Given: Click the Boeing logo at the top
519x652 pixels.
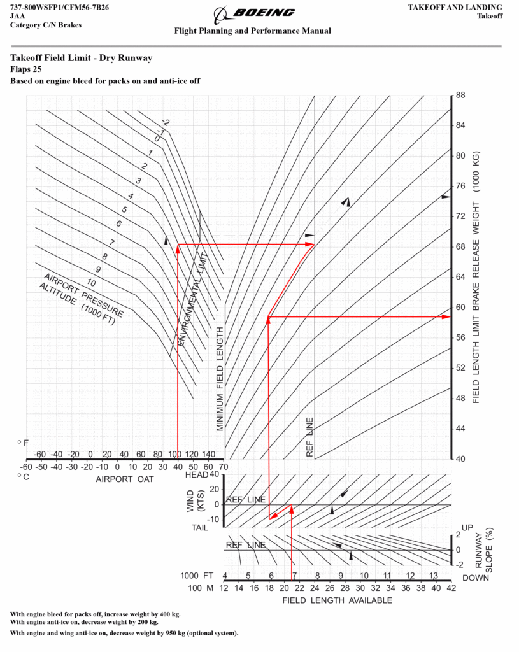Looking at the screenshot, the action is tap(254, 15).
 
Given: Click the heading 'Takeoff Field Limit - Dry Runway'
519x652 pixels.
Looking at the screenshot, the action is tap(82, 58).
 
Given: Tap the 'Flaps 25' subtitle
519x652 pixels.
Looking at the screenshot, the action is tap(25, 69).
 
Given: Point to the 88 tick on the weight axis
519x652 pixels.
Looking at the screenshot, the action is tap(460, 96).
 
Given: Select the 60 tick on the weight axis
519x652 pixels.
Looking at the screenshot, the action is tap(460, 308).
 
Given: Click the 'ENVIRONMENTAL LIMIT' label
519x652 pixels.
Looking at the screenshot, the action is tap(193, 299).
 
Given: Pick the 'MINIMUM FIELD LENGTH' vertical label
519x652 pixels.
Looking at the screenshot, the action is tap(220, 379).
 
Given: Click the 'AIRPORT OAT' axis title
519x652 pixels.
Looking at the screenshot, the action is tap(125, 479).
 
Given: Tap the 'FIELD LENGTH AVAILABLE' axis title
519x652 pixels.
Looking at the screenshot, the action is tap(338, 600).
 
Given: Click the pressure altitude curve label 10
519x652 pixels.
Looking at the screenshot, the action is tap(91, 283).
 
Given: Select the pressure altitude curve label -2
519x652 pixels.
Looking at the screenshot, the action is tap(166, 123).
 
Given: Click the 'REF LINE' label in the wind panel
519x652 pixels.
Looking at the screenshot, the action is tap(246, 500).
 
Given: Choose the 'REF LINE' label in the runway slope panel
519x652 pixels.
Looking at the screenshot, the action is tap(246, 545).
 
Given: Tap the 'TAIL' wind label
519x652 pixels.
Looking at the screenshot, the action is tap(199, 528).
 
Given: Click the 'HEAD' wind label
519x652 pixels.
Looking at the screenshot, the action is tap(197, 475).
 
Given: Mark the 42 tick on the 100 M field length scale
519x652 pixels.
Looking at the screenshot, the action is tap(451, 588).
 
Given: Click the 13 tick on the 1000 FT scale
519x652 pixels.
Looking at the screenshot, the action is tap(433, 576).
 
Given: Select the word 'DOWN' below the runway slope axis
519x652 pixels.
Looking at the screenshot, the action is tap(476, 578).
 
